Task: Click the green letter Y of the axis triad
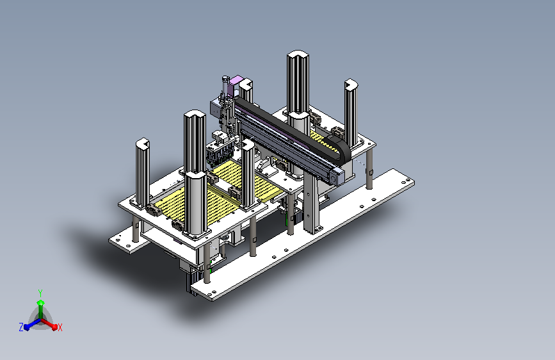point(40,293)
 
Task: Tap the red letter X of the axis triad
point(60,328)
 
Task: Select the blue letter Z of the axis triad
point(21,327)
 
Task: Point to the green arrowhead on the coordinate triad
point(41,302)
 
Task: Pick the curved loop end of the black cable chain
point(342,150)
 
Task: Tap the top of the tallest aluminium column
point(298,55)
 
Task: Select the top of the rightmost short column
point(351,85)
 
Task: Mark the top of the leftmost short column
point(142,143)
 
